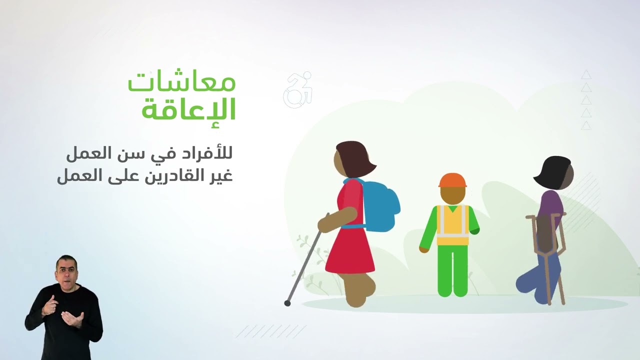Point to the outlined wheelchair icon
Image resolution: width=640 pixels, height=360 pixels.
pyautogui.click(x=298, y=90)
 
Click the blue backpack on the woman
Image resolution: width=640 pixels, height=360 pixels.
pyautogui.click(x=381, y=205)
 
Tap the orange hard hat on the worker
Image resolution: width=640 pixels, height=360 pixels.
pyautogui.click(x=452, y=180)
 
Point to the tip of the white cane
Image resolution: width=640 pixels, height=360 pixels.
pyautogui.click(x=287, y=303)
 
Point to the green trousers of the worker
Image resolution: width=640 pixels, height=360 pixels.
pyautogui.click(x=452, y=270)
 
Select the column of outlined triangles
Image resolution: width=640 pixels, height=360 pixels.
pyautogui.click(x=586, y=100)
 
